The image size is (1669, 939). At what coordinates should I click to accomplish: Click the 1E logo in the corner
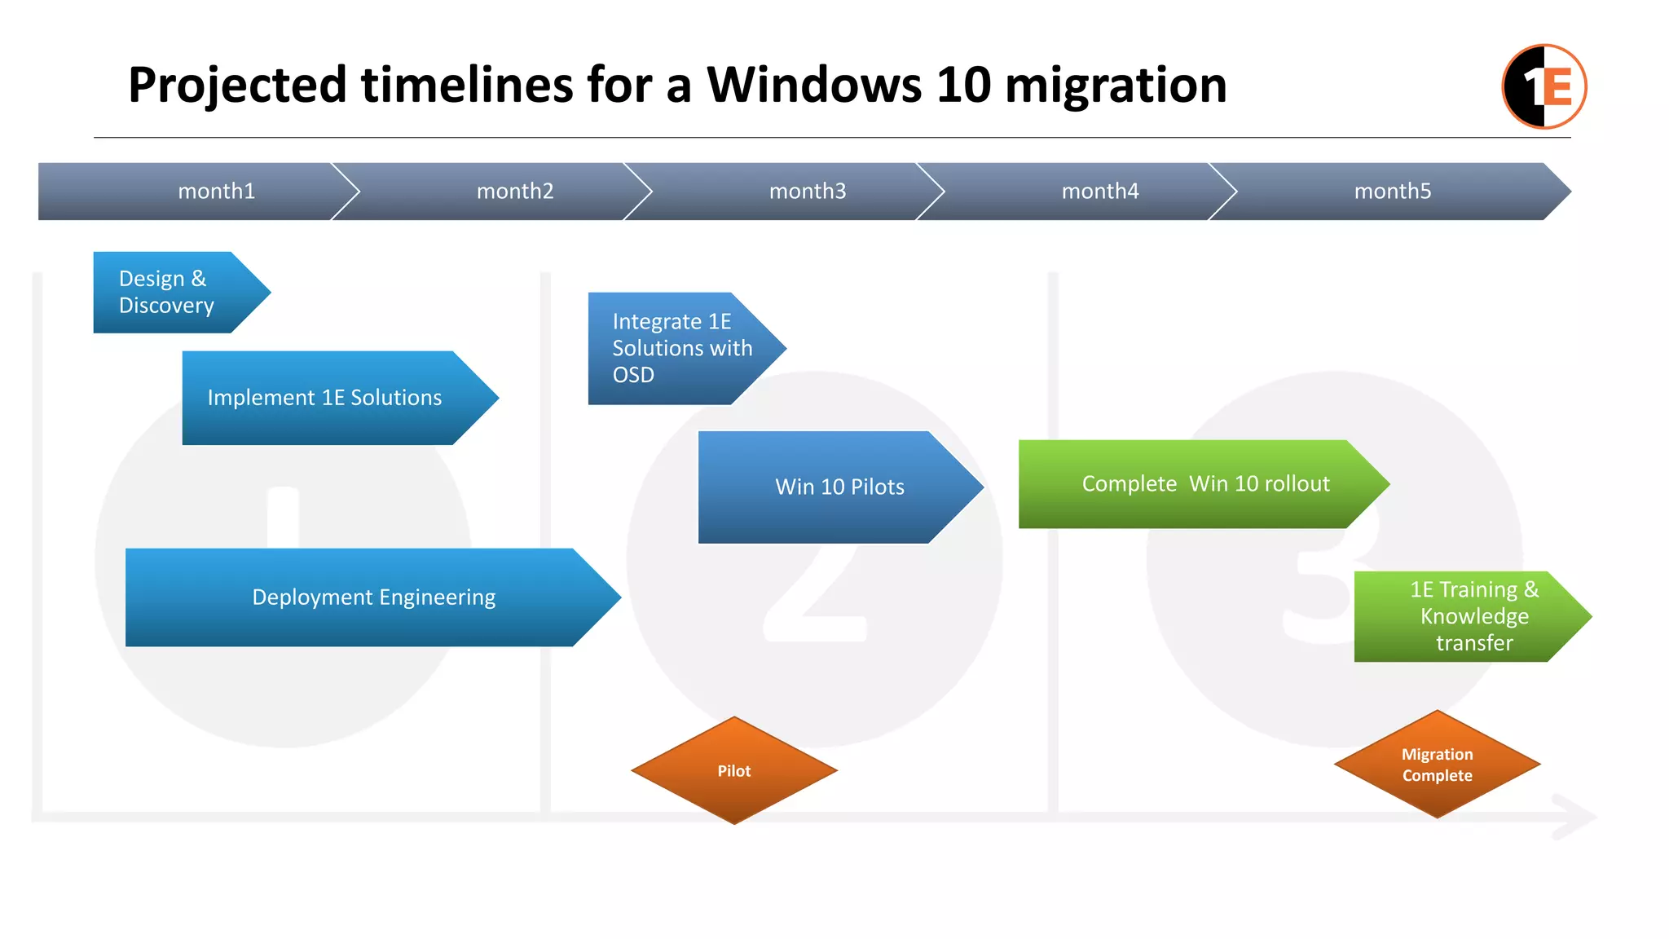click(1543, 86)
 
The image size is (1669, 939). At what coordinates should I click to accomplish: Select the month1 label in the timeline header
click(217, 191)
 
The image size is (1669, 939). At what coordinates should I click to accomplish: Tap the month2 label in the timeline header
click(515, 191)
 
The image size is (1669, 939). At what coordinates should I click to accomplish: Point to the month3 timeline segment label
click(808, 191)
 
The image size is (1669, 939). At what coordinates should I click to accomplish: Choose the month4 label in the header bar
click(1100, 191)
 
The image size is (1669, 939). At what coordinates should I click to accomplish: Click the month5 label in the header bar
click(1393, 191)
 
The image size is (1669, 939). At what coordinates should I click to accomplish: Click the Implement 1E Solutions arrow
click(325, 398)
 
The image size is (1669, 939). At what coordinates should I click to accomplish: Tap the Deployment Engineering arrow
click(373, 597)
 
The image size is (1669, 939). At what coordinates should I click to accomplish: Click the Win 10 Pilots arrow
click(839, 487)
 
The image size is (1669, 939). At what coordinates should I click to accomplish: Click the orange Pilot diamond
click(734, 770)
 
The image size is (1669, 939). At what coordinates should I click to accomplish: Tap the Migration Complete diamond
click(1437, 765)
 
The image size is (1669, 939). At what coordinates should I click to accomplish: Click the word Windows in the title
click(813, 85)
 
